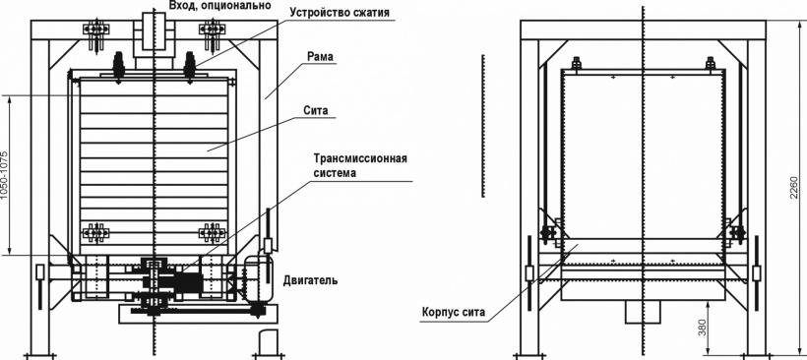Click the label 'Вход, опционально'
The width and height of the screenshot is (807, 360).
219,6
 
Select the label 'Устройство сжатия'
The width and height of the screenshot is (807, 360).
340,12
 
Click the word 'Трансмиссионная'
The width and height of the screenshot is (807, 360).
360,158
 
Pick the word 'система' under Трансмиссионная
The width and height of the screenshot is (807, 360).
335,173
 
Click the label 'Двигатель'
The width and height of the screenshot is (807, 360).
310,280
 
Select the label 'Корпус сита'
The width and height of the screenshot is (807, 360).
453,312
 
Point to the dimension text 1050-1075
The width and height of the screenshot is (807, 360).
5,175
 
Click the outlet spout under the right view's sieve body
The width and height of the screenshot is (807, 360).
643,311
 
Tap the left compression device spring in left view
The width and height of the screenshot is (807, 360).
118,66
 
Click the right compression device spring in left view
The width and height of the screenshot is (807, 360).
189,66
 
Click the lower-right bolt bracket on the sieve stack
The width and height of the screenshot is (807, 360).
213,232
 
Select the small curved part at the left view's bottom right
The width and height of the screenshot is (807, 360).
269,343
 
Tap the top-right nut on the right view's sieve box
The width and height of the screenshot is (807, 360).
711,63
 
